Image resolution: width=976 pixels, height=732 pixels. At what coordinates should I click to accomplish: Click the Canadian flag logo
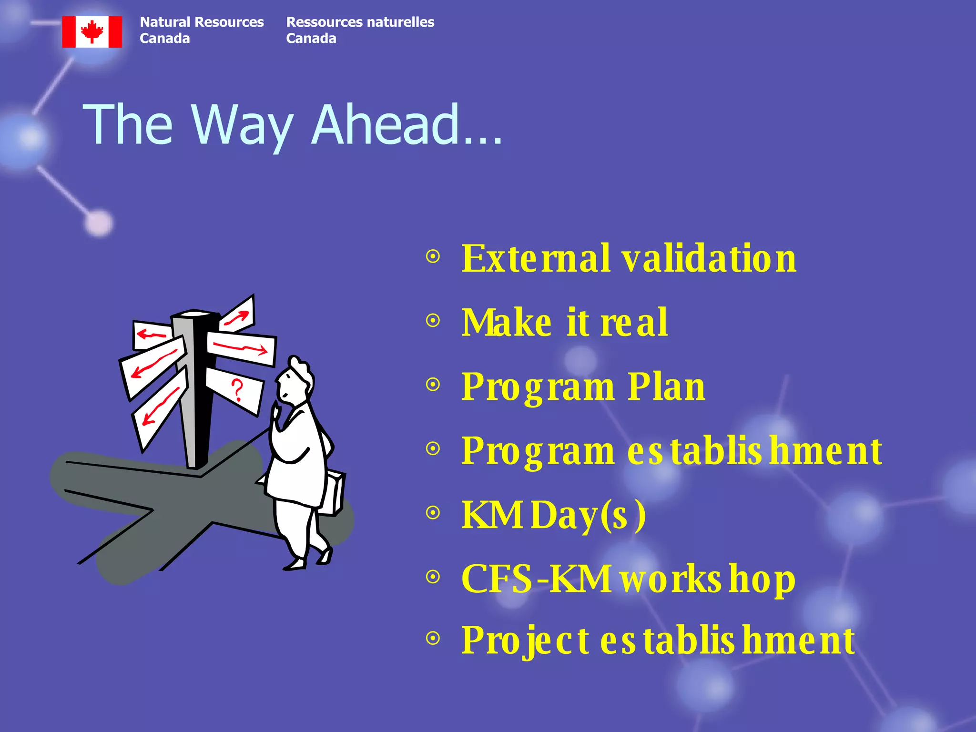tap(92, 31)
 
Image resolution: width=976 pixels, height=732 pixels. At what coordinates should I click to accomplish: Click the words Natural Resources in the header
tap(202, 22)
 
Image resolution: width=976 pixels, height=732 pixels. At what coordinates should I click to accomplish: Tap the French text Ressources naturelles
tap(360, 22)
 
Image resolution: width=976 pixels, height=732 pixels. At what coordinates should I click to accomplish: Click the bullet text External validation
tap(628, 259)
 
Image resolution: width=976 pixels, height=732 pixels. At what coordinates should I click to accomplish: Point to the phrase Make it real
tap(564, 323)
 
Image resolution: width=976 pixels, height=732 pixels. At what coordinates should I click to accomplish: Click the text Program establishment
tap(671, 451)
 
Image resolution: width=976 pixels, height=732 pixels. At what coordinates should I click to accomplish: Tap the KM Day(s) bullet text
tap(553, 515)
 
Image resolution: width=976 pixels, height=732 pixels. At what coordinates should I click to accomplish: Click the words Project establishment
tap(658, 640)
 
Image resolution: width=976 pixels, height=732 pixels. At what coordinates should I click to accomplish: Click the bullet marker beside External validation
tap(433, 257)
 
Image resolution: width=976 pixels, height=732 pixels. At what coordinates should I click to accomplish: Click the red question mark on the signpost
tap(237, 390)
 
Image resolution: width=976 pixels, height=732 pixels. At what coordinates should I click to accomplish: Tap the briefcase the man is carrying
tap(334, 493)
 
